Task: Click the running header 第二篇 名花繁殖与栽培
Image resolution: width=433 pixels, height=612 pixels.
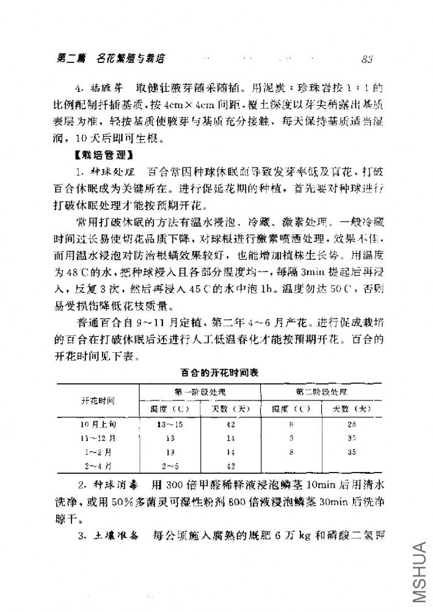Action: click(111, 59)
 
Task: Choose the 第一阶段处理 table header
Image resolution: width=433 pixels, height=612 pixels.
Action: click(200, 391)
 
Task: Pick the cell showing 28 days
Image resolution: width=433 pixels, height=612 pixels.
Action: click(351, 424)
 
